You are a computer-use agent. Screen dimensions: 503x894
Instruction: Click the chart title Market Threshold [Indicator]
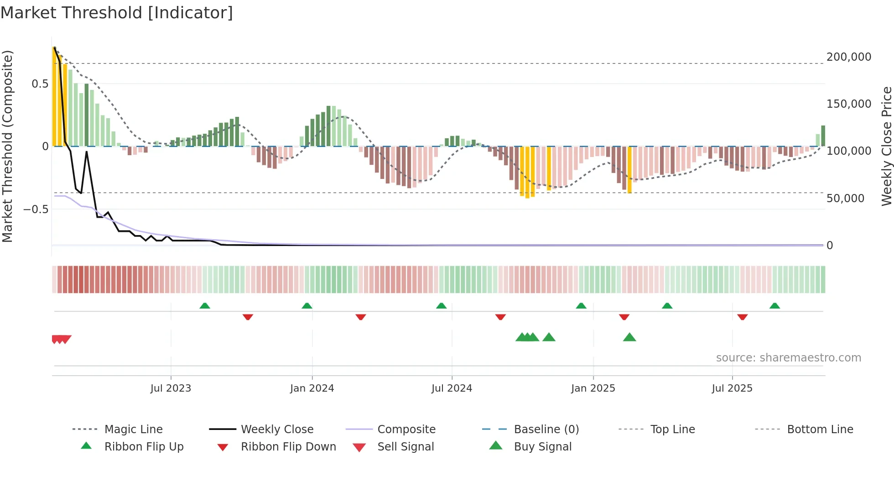coord(117,13)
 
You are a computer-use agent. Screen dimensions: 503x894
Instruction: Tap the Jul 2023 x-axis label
coord(171,388)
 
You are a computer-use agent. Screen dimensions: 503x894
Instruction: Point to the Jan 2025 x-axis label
coord(593,388)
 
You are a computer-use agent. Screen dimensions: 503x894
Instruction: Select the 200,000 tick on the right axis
coord(848,57)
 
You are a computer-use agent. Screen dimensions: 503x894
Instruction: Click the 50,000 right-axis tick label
coord(845,199)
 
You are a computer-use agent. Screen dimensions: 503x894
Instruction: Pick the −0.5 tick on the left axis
coord(36,210)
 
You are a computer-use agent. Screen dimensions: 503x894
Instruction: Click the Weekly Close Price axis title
coord(886,146)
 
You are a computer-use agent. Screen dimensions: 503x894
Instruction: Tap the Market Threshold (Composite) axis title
coord(7,146)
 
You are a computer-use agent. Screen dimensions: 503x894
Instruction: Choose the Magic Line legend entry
coord(133,430)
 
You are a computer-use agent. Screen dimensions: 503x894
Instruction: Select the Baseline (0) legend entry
coord(546,430)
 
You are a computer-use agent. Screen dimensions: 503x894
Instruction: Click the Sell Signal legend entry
coord(405,447)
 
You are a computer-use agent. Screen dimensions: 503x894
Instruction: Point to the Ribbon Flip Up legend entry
coord(144,447)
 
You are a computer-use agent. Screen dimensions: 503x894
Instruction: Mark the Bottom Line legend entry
coord(820,430)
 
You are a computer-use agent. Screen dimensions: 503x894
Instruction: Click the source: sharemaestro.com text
coord(788,358)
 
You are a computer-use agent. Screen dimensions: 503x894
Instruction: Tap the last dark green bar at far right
coord(823,136)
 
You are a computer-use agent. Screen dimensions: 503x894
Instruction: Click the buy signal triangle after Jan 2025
coord(629,337)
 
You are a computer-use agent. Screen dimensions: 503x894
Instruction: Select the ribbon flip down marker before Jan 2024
coord(248,317)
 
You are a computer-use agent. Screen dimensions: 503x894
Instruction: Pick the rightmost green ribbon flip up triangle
coord(774,306)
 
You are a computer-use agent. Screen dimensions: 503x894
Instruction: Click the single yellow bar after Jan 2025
coord(629,170)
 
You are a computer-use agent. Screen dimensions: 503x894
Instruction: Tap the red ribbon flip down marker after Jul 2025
coord(742,317)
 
